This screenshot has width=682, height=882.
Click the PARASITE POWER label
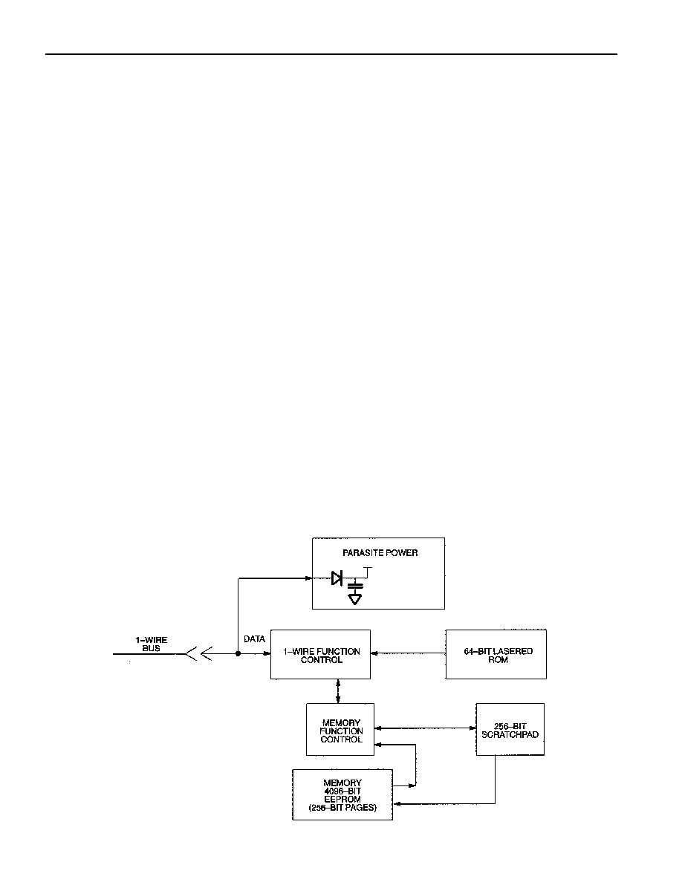pyautogui.click(x=380, y=553)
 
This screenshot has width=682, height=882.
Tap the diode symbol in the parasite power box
pyautogui.click(x=337, y=578)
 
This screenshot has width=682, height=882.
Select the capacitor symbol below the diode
pyautogui.click(x=354, y=586)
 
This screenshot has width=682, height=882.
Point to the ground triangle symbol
pyautogui.click(x=354, y=599)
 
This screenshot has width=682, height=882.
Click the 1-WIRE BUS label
pyautogui.click(x=152, y=644)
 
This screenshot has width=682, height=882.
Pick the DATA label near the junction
pyautogui.click(x=254, y=639)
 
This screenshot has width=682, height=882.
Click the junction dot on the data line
pyautogui.click(x=238, y=653)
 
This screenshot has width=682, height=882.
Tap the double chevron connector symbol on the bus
pyautogui.click(x=198, y=653)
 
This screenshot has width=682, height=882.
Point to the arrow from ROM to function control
pyautogui.click(x=408, y=653)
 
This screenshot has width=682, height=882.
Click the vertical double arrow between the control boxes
pyautogui.click(x=337, y=691)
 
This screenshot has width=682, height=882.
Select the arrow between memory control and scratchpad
pyautogui.click(x=426, y=728)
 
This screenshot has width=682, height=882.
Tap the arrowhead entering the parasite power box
pyautogui.click(x=308, y=578)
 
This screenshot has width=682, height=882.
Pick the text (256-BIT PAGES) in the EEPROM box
pyautogui.click(x=342, y=808)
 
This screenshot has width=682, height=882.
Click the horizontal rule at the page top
pyautogui.click(x=331, y=54)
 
